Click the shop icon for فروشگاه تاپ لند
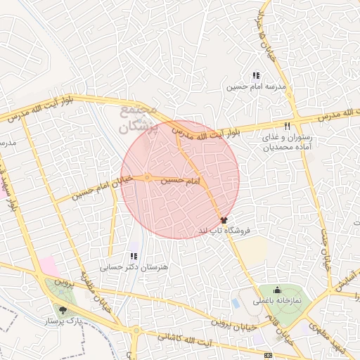(224, 220)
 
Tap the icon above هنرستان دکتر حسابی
(134, 256)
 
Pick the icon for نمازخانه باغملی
(277, 288)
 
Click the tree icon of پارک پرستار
(63, 309)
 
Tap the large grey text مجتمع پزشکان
(135, 120)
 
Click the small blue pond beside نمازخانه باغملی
(235, 303)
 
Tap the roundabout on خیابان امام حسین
(147, 177)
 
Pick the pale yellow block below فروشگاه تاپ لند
(255, 248)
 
